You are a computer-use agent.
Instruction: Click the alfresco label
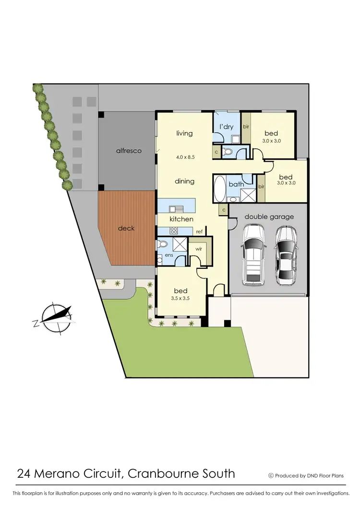click(129, 151)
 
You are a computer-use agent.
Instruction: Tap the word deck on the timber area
click(126, 228)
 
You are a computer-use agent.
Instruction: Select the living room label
click(184, 133)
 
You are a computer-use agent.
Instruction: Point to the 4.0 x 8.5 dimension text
click(184, 156)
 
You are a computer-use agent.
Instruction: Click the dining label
click(184, 181)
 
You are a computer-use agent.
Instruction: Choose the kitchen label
click(181, 219)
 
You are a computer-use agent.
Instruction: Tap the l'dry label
click(227, 127)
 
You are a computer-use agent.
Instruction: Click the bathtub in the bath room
click(220, 189)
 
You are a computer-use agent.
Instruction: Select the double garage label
click(269, 217)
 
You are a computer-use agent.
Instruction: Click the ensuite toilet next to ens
click(162, 244)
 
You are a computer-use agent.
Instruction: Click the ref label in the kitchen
click(199, 231)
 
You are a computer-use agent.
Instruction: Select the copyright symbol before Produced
click(271, 475)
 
